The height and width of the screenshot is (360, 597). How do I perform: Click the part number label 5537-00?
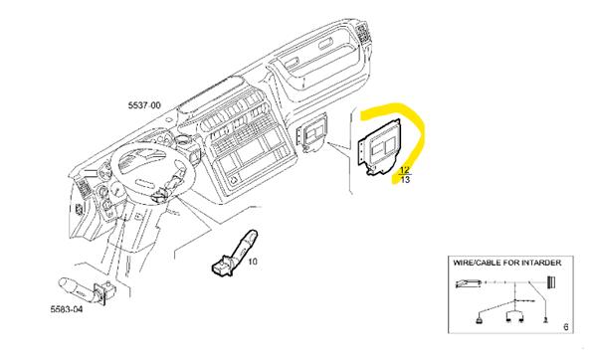pos(145,102)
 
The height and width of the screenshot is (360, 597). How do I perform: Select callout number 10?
pos(253,263)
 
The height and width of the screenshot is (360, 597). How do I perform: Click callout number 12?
pos(404,170)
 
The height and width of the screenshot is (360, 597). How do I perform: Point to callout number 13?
pos(404,180)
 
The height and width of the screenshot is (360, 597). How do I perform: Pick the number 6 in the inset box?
pos(566,327)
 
